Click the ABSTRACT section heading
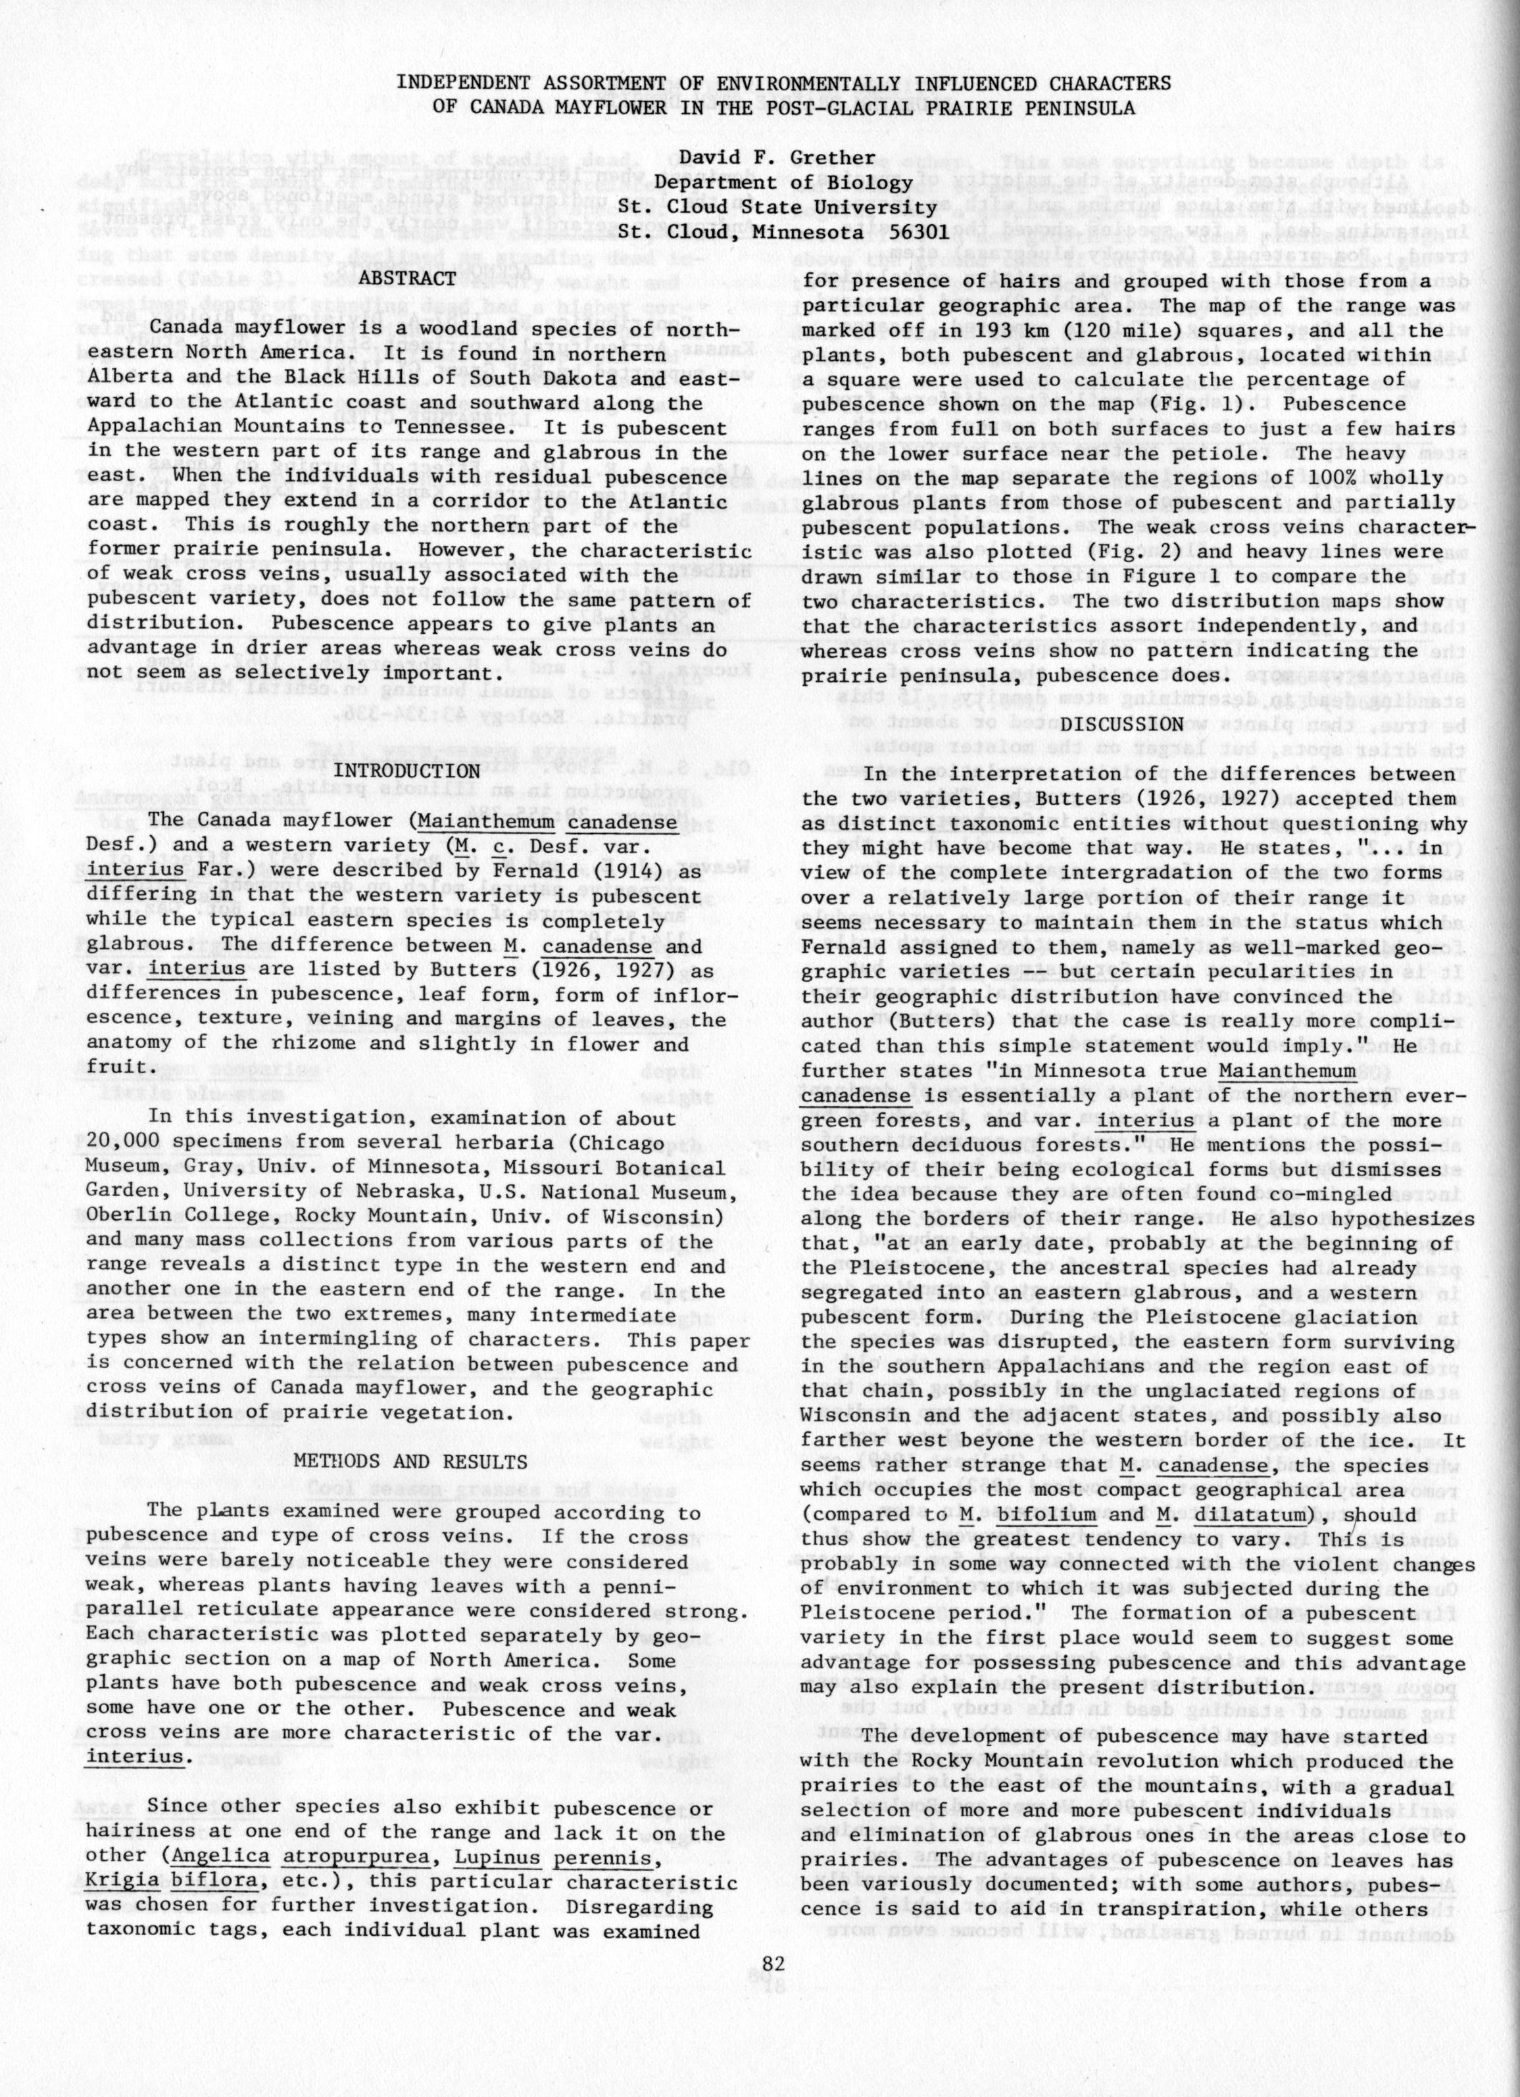coord(407,278)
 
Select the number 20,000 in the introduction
coord(126,1143)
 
